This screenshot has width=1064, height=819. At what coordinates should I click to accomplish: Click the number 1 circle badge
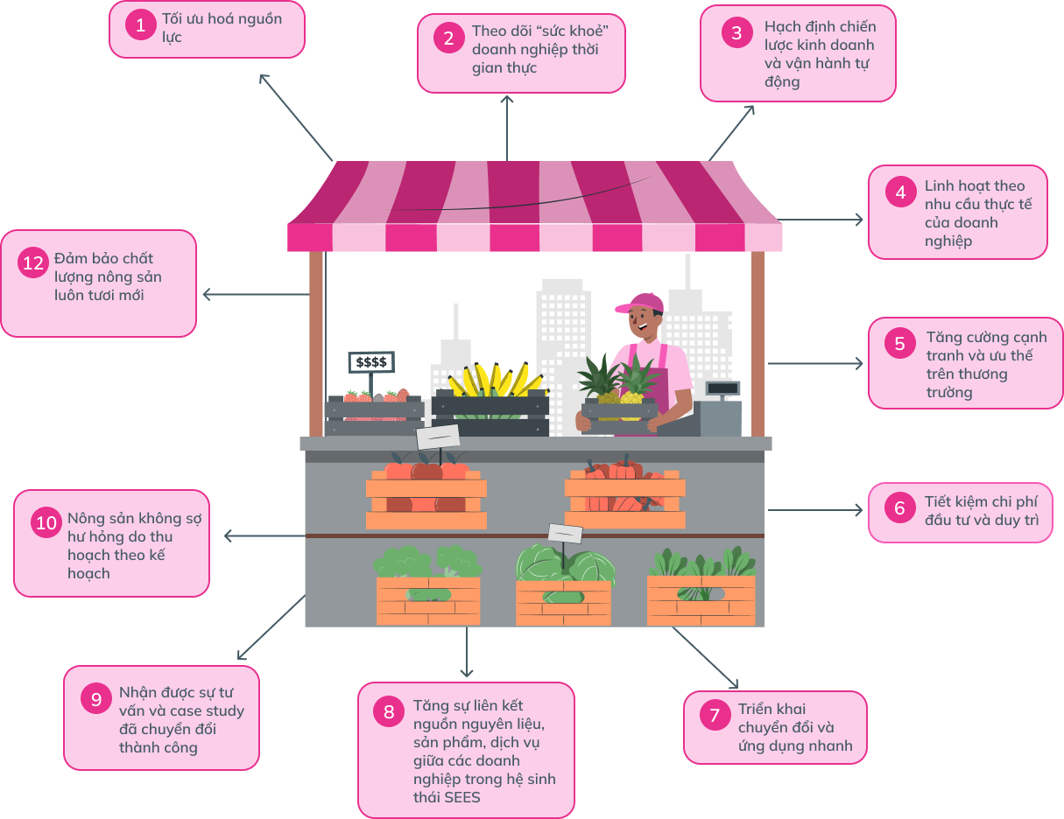(140, 25)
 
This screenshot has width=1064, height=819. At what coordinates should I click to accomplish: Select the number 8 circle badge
(389, 711)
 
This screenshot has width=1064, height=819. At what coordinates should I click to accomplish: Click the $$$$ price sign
(371, 361)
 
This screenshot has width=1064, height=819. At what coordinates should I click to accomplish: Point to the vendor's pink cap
(642, 303)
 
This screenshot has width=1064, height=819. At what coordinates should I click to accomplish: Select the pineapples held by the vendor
(619, 386)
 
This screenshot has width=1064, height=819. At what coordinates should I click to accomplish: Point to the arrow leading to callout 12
(255, 295)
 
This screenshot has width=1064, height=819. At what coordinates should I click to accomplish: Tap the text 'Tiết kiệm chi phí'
(981, 502)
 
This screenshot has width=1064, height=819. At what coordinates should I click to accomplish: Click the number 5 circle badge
(899, 344)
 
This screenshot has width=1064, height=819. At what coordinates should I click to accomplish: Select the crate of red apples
(426, 496)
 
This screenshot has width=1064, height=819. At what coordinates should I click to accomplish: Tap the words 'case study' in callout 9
(207, 710)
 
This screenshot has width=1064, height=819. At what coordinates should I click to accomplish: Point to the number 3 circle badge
(736, 33)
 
